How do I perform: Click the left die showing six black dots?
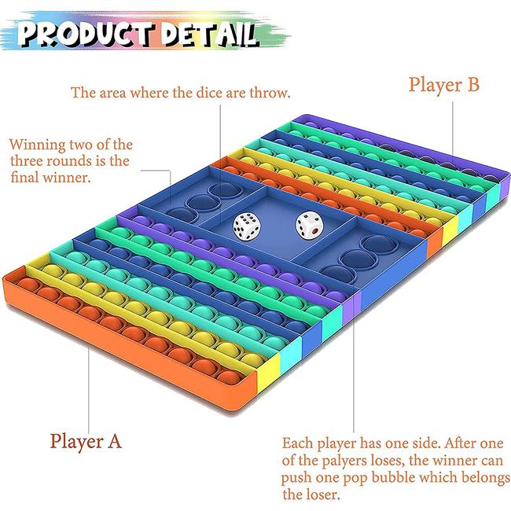tap(247, 226)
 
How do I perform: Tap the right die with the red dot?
tap(309, 225)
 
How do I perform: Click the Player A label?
tap(86, 442)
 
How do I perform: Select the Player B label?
tap(444, 85)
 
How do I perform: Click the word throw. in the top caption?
tap(270, 93)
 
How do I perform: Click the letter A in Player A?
tap(114, 442)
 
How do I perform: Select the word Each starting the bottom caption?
tap(298, 443)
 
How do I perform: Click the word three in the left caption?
tap(28, 161)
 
